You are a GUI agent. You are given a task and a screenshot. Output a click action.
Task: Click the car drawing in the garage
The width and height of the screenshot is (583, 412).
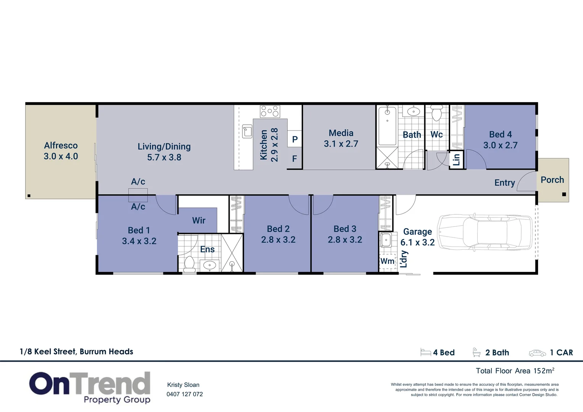485,232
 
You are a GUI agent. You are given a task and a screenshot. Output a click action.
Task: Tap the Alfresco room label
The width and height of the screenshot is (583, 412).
61,145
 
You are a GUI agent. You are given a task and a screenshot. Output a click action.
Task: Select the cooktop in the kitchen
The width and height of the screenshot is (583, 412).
270,111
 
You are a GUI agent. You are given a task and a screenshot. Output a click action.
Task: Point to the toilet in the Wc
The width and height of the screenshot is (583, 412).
436,113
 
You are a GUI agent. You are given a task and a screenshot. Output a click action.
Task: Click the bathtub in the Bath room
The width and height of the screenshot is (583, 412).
387,126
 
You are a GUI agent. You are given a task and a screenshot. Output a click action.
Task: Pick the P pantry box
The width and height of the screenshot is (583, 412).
295,139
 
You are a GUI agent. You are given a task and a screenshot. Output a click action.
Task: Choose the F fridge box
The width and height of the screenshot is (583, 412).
295,159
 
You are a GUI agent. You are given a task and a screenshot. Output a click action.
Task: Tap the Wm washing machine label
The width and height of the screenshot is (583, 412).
387,261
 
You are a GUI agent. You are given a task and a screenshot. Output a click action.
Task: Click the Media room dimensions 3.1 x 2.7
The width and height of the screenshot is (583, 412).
341,144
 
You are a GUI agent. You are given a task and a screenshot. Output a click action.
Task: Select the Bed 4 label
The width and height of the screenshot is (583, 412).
500,134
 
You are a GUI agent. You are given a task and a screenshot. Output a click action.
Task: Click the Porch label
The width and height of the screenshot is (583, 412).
552,180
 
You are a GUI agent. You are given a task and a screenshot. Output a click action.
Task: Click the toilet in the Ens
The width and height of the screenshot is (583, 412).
190,264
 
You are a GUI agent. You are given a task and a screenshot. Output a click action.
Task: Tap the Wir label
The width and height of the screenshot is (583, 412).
199,220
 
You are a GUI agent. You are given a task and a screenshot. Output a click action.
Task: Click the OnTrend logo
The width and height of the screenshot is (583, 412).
90,387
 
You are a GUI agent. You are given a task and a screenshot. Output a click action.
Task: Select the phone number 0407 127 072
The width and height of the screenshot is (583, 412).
185,394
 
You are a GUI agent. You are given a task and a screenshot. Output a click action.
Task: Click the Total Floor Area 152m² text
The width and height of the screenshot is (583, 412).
515,371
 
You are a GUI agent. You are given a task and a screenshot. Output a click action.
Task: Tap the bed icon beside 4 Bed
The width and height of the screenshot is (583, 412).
425,352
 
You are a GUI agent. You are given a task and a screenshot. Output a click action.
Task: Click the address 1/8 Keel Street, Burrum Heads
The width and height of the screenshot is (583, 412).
76,352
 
